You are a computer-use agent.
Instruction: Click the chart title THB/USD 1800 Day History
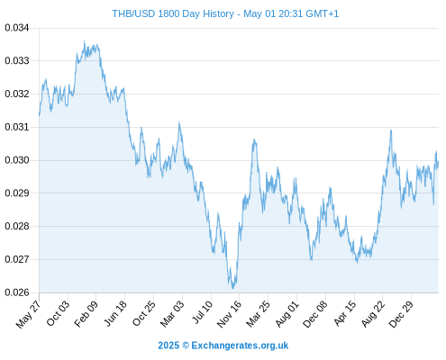[x=173, y=13]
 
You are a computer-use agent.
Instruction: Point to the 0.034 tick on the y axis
[x=17, y=28]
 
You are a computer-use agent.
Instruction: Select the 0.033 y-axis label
[x=17, y=61]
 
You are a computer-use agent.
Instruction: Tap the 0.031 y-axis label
[x=17, y=127]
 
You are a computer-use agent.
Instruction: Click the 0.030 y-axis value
[x=17, y=160]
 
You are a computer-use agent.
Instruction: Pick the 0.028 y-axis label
[x=17, y=226]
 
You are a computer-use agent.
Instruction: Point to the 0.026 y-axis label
[x=17, y=292]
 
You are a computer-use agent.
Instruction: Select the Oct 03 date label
[x=58, y=313]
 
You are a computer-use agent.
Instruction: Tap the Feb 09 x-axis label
[x=86, y=314]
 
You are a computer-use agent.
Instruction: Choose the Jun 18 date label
[x=115, y=313]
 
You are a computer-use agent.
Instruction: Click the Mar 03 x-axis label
[x=172, y=314]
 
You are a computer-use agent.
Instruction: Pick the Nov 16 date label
[x=229, y=314]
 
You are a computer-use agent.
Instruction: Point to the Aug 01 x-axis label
[x=287, y=314]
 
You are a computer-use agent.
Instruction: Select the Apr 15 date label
[x=345, y=313]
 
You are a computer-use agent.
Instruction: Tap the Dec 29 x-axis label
[x=401, y=314]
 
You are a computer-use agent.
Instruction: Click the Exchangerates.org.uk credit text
[x=240, y=346]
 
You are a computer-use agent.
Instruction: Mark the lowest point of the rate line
[x=233, y=289]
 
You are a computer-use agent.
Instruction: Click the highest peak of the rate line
[x=84, y=41]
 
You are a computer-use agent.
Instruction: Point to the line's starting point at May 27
[x=39, y=115]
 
